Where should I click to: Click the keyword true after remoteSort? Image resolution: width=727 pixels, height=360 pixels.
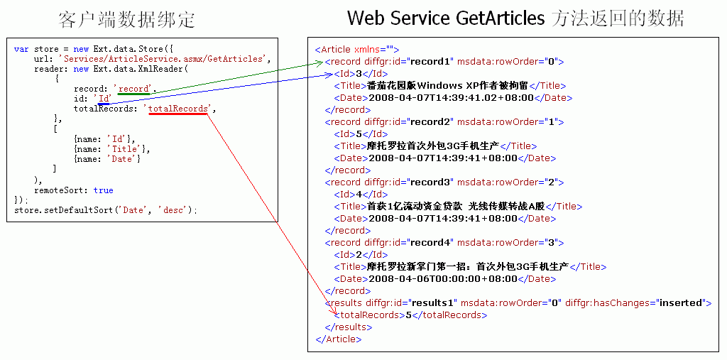[x=103, y=190]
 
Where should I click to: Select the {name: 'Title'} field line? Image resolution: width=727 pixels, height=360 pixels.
[x=112, y=149]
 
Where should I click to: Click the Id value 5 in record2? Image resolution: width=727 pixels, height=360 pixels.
[x=359, y=133]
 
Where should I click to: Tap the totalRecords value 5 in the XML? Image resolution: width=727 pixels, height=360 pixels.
[x=408, y=315]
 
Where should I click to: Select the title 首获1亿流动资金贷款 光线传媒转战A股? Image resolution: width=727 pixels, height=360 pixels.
[x=458, y=206]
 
